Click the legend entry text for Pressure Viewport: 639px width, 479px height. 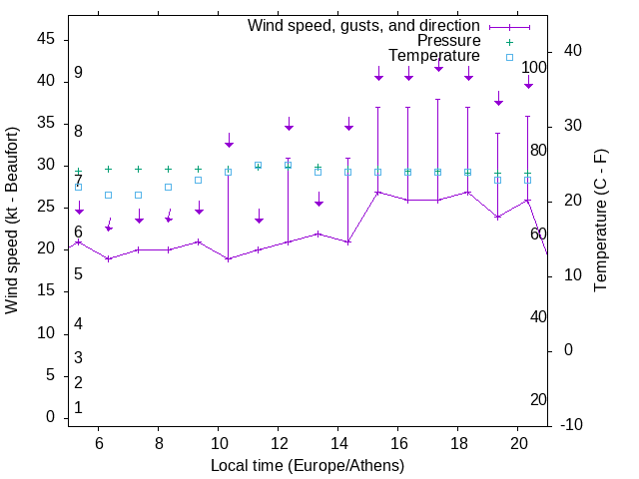click(448, 41)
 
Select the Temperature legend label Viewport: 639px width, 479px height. click(434, 56)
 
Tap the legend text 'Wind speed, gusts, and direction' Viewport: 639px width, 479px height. click(364, 25)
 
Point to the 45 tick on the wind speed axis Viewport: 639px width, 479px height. click(46, 39)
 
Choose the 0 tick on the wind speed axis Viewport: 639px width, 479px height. click(50, 418)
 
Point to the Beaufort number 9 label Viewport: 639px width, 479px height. click(78, 73)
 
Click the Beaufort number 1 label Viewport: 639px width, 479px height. click(78, 408)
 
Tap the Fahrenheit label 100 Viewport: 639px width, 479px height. click(535, 68)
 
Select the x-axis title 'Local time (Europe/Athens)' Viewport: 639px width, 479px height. click(308, 465)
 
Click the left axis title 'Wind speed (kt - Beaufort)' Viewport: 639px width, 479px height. click(13, 220)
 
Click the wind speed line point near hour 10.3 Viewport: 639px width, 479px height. click(229, 259)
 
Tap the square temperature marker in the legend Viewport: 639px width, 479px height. click(508, 57)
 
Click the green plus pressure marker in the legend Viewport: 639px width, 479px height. click(508, 42)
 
